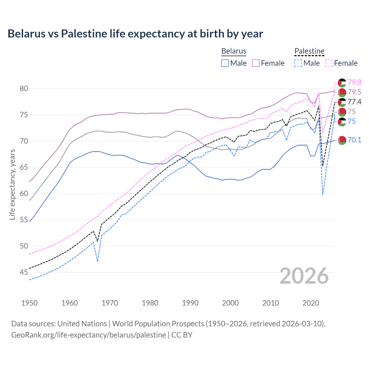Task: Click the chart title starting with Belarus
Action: [x=135, y=34]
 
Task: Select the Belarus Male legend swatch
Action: [x=225, y=63]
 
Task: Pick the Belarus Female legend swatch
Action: [x=256, y=63]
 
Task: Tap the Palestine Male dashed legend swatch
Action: [x=298, y=63]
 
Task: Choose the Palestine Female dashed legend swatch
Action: [x=329, y=63]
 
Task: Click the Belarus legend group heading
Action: [x=234, y=51]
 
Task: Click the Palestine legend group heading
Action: [x=309, y=51]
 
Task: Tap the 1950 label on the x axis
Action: [x=29, y=303]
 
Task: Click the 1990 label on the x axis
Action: [x=190, y=303]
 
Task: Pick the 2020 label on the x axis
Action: [x=311, y=303]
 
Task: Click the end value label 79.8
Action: [x=354, y=82]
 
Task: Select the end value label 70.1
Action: [x=354, y=140]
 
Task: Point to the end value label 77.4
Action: [x=354, y=102]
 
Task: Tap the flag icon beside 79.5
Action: [x=342, y=93]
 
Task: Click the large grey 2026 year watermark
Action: [x=304, y=276]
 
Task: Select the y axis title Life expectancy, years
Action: [x=12, y=184]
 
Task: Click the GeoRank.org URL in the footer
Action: [x=89, y=335]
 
